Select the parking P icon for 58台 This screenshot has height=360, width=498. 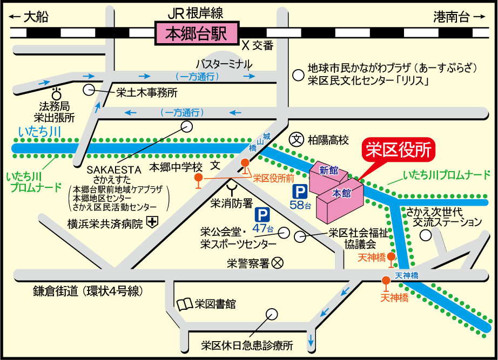click(x=299, y=192)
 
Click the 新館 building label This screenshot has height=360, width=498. click(x=328, y=171)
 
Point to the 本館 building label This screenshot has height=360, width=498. click(x=341, y=193)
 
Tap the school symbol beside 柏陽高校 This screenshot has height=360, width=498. click(x=296, y=140)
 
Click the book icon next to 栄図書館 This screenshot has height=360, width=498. click(x=184, y=304)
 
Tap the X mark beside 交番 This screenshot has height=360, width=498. click(x=245, y=45)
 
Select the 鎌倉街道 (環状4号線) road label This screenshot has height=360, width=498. click(x=88, y=291)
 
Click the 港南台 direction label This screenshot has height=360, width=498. click(x=452, y=17)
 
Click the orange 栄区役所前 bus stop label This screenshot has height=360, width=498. click(x=273, y=177)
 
